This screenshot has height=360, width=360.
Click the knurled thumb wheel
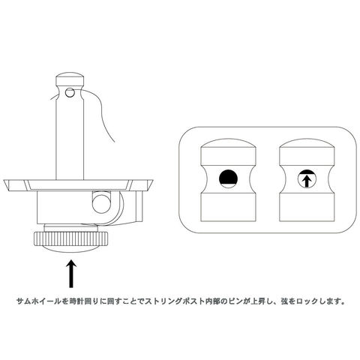pyautogui.click(x=71, y=238)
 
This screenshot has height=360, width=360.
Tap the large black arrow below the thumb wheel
pyautogui.click(x=71, y=274)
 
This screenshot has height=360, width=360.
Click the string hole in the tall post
pyautogui.click(x=70, y=92)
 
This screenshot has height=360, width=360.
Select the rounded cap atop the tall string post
pyautogui.click(x=70, y=79)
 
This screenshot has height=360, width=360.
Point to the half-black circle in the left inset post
pyautogui.click(x=228, y=178)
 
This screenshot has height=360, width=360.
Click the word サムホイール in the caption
pyautogui.click(x=39, y=301)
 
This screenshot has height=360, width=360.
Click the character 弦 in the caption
pyautogui.click(x=284, y=301)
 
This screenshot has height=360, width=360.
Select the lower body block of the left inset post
pyautogui.click(x=228, y=207)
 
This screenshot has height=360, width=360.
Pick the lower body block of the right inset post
pyautogui.click(x=307, y=207)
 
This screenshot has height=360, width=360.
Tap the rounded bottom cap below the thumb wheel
pyautogui.click(x=71, y=249)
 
